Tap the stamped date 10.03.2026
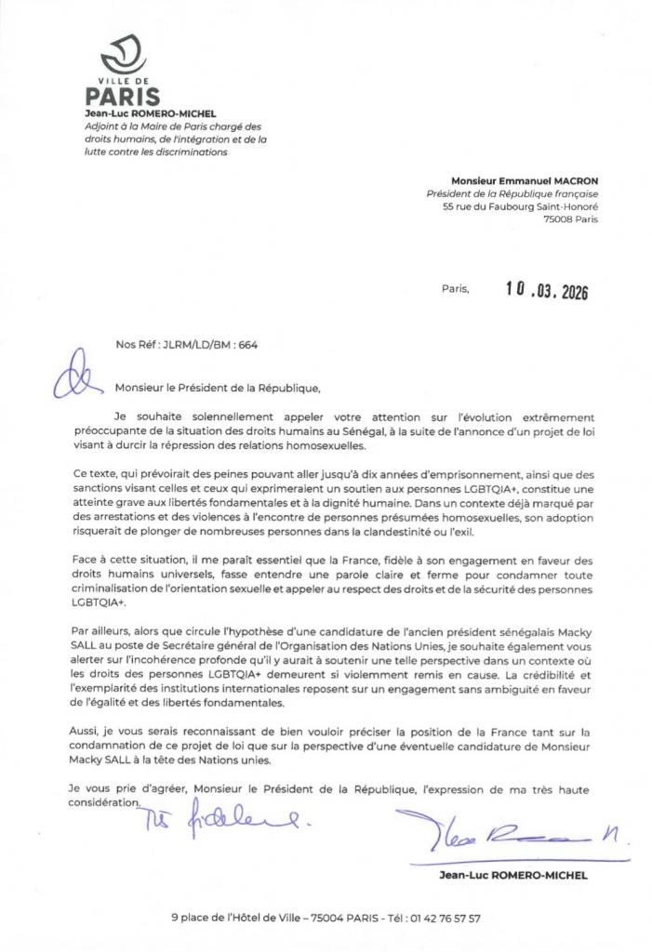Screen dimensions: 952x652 tap(547, 290)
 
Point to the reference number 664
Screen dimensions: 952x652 tap(247, 344)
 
